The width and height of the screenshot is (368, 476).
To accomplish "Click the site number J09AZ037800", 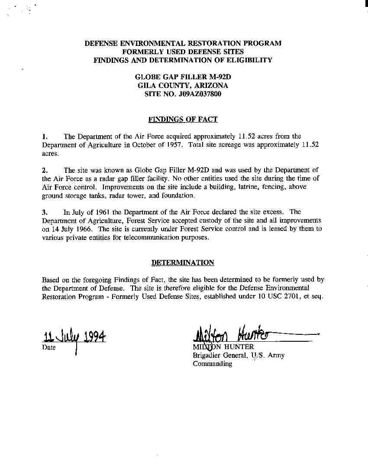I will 200,94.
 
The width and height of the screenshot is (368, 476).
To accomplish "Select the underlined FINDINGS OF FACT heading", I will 183,119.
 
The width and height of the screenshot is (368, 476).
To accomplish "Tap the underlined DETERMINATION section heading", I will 183,262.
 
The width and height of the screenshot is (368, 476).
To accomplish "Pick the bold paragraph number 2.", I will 45,170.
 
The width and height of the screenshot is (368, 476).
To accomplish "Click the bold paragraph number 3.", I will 45,212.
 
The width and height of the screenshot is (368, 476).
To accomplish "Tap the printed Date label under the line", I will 49,347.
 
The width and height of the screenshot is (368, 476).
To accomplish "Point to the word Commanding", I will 212,364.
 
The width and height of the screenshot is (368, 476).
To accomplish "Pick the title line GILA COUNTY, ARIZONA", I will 183,85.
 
